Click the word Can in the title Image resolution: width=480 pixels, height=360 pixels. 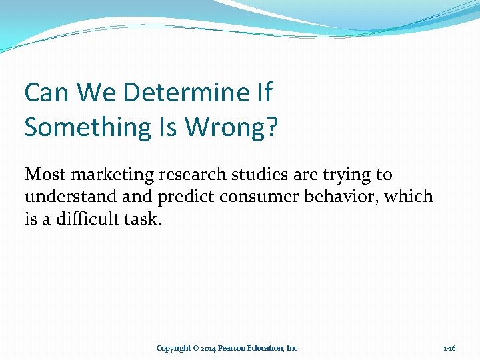[x=47, y=93]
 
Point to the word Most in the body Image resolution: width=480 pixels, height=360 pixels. [x=46, y=175]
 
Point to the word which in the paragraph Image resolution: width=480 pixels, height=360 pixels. [x=409, y=197]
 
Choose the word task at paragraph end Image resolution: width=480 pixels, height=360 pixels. [x=143, y=219]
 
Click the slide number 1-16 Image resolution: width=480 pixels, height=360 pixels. [x=449, y=348]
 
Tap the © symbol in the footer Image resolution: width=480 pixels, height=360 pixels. [x=196, y=348]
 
